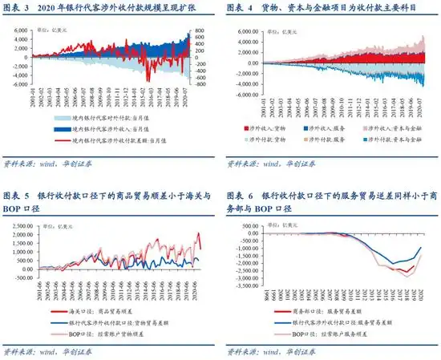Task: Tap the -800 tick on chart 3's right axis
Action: [x=203, y=83]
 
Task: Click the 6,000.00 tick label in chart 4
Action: [x=251, y=32]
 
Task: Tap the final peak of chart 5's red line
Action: [x=200, y=233]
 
